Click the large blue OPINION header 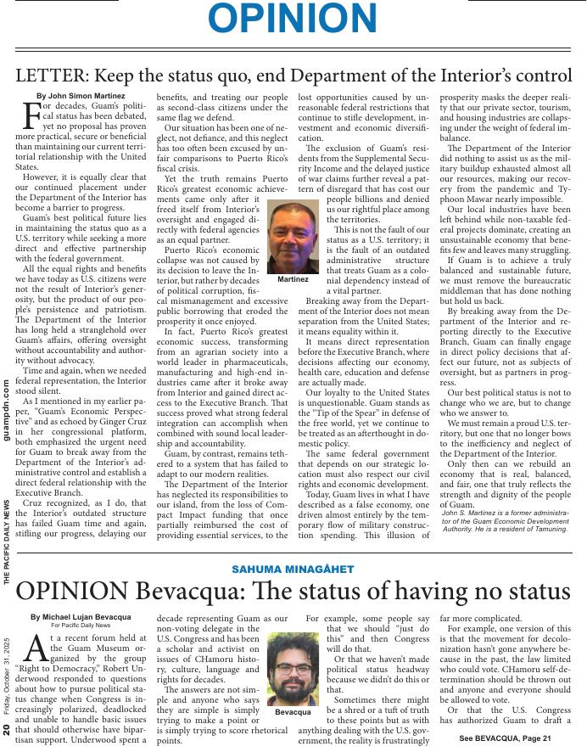293,20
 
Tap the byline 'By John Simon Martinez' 81,97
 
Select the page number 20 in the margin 8,730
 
